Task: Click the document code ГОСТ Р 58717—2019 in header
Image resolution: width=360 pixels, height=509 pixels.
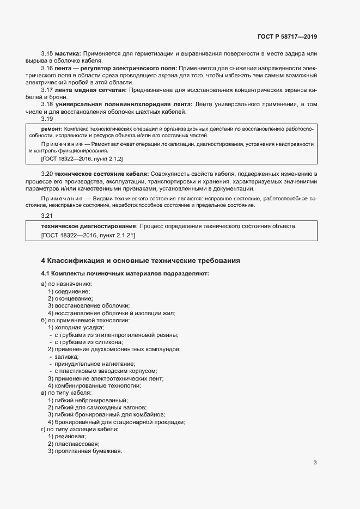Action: pos(287,36)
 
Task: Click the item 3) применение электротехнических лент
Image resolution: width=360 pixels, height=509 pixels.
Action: pos(106,378)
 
